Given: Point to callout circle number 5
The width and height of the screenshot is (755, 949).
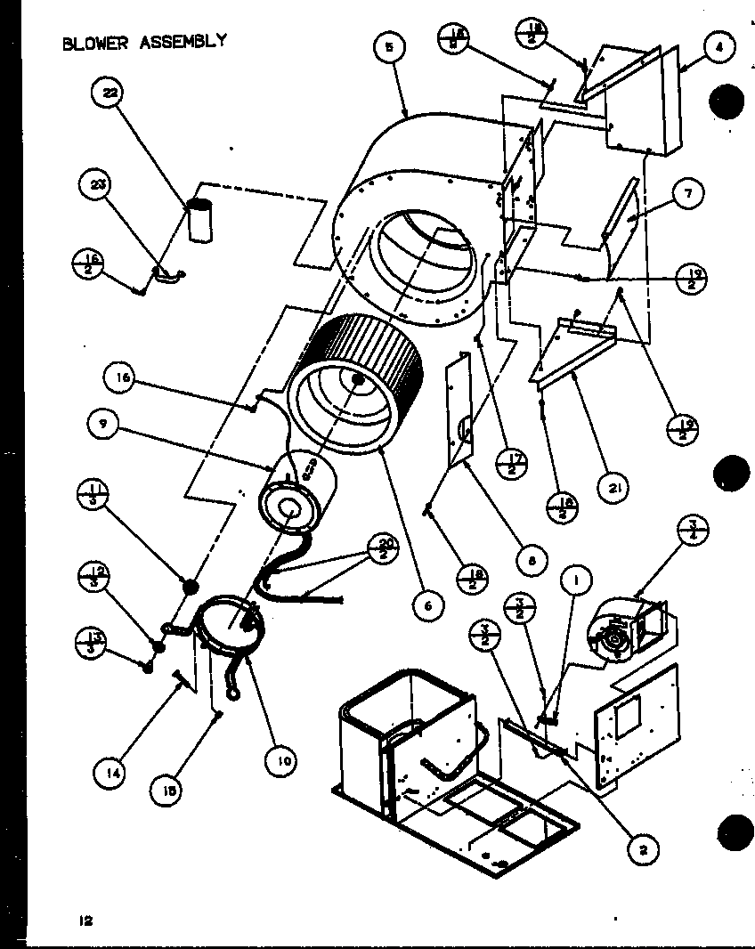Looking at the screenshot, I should point(387,48).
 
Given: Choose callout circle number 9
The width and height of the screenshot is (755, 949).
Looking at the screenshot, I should point(104,426).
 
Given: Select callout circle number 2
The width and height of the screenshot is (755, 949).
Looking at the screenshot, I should point(641,851).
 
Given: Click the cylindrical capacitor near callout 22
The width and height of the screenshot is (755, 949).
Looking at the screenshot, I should point(201,221).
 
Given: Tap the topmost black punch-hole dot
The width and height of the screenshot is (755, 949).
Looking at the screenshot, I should point(726,102).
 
